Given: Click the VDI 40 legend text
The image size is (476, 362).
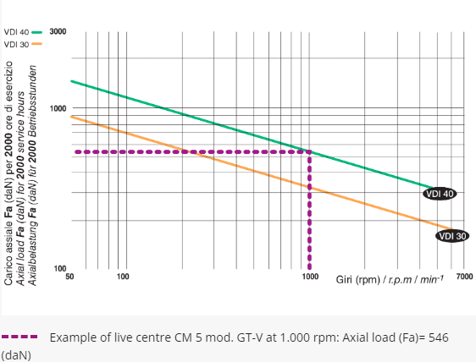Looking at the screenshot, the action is pyautogui.click(x=16, y=32).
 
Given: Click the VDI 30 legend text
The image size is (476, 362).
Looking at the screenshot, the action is pyautogui.click(x=16, y=45).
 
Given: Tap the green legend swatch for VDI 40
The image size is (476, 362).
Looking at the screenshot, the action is pyautogui.click(x=36, y=32).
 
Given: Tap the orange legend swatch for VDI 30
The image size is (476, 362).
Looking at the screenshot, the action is pyautogui.click(x=36, y=44).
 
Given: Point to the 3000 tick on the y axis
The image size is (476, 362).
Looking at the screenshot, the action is pyautogui.click(x=58, y=31).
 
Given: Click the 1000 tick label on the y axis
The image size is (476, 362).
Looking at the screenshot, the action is pyautogui.click(x=58, y=108).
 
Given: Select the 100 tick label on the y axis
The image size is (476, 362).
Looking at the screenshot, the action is pyautogui.click(x=60, y=269).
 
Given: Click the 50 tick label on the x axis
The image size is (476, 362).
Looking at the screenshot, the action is pyautogui.click(x=69, y=277).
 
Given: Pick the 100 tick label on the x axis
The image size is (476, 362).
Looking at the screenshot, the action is pyautogui.click(x=123, y=277).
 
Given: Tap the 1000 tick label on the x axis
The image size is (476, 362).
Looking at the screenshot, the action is pyautogui.click(x=310, y=277).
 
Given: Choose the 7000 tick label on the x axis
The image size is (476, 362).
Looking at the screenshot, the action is pyautogui.click(x=464, y=277).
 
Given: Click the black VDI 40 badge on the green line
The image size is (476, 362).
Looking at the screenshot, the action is pyautogui.click(x=440, y=194).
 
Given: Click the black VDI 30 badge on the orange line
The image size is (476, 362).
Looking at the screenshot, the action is pyautogui.click(x=452, y=236).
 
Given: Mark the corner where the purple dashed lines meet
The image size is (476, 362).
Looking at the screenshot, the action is pyautogui.click(x=309, y=151).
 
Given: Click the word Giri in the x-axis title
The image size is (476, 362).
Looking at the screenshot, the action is pyautogui.click(x=344, y=279).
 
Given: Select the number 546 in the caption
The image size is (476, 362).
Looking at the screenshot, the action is pyautogui.click(x=439, y=337).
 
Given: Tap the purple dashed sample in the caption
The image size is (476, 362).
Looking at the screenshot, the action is pyautogui.click(x=19, y=337).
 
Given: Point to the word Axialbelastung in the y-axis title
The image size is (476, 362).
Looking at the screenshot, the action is pyautogui.click(x=32, y=253).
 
